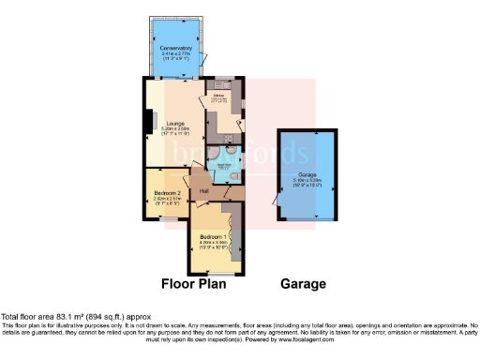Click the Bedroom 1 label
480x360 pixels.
coord(215,236)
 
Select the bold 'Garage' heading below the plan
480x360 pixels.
coord(303,283)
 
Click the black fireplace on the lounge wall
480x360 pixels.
coord(146,122)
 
